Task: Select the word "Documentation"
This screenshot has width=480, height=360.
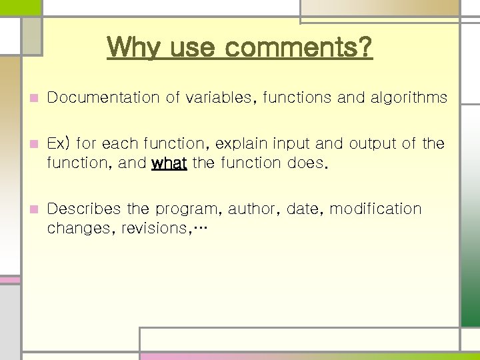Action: (x=104, y=98)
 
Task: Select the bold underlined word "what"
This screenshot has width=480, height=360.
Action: (x=169, y=163)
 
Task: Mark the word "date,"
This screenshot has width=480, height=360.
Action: (x=305, y=209)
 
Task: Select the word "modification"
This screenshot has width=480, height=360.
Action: (x=376, y=209)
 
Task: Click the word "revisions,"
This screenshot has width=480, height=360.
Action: (x=154, y=228)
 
